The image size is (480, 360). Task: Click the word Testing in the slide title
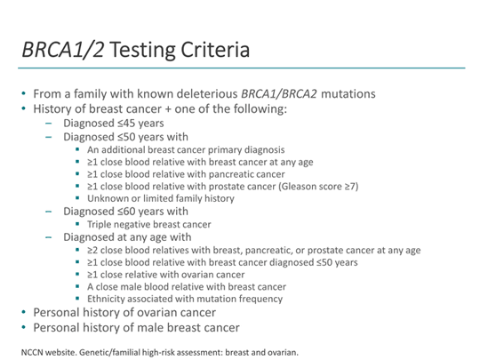[148, 50]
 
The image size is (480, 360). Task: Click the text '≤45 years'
[139, 124]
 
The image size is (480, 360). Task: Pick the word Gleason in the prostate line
[298, 187]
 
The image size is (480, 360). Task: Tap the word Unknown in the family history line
[108, 199]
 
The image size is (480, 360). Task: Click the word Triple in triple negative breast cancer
[101, 225]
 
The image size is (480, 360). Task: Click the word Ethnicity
[108, 299]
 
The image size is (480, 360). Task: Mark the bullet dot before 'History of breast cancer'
[24, 108]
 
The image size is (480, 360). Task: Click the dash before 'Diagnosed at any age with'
[50, 237]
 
